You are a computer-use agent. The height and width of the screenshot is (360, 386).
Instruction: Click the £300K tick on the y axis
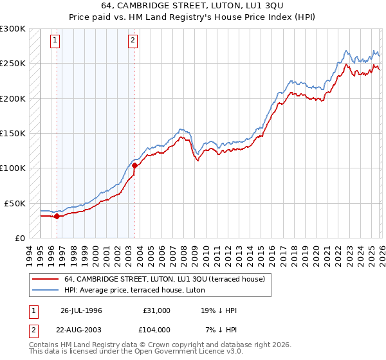(x=13, y=29)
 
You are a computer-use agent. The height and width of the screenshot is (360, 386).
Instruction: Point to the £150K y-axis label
(x=13, y=134)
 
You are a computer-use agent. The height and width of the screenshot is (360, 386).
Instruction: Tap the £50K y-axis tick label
(x=15, y=203)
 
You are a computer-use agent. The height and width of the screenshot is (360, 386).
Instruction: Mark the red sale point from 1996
(x=57, y=216)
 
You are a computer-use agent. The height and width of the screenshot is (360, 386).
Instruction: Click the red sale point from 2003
(x=134, y=165)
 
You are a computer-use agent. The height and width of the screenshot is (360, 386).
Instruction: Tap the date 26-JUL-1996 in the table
(x=81, y=310)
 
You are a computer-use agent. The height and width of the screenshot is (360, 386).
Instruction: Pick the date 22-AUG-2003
(x=81, y=329)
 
